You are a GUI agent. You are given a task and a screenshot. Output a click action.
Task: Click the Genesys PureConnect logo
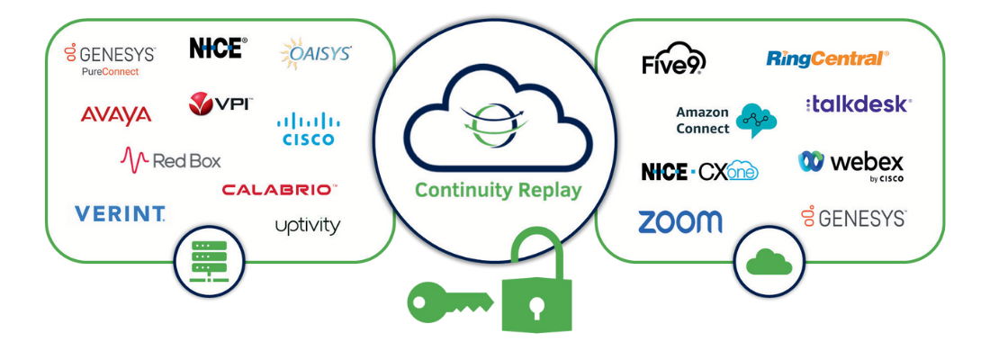click(110, 59)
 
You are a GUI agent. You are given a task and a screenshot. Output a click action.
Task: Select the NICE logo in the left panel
click(218, 48)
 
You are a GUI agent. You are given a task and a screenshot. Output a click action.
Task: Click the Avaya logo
click(116, 114)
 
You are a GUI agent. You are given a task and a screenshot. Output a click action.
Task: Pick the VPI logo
click(220, 104)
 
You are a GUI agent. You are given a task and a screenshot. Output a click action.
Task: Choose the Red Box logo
click(170, 160)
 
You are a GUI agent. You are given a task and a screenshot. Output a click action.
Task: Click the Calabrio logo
click(279, 190)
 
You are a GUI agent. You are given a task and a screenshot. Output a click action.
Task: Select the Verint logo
click(120, 213)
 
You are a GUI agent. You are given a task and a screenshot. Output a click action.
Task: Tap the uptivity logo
click(308, 225)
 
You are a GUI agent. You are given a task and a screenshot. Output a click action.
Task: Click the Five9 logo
click(673, 61)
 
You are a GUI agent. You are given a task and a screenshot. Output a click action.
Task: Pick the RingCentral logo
click(827, 58)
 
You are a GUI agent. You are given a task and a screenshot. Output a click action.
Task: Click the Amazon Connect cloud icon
click(755, 120)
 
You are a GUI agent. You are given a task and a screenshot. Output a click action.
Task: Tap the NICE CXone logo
click(699, 171)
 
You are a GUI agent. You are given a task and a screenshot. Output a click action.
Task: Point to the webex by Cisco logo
click(850, 164)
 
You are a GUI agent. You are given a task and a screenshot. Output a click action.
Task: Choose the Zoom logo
click(679, 221)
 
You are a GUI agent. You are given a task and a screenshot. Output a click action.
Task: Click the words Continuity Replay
click(498, 191)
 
